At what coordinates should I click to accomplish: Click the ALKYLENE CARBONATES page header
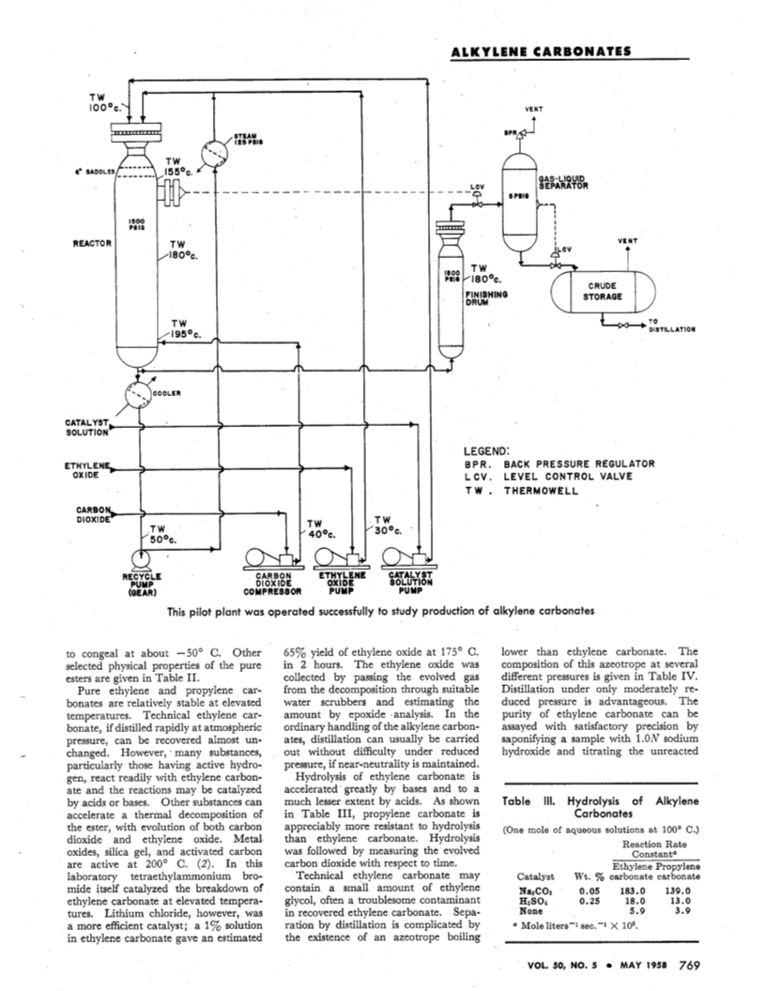coord(541,52)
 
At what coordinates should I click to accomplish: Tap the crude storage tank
coord(603,291)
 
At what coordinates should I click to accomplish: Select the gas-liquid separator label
coord(563,182)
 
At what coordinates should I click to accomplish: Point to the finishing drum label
coord(486,297)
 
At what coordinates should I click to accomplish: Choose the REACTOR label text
coord(92,243)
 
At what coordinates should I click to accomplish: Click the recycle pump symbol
coord(140,559)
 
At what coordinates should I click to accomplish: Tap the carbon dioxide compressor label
coord(272,584)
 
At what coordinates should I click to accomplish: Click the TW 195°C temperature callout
coord(186,328)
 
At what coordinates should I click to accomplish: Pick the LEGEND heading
coord(486,451)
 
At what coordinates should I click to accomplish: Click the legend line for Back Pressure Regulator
coord(559,464)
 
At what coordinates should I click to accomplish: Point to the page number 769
coord(690,965)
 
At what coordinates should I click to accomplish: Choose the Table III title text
coord(601,807)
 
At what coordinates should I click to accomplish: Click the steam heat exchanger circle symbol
coord(215,154)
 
